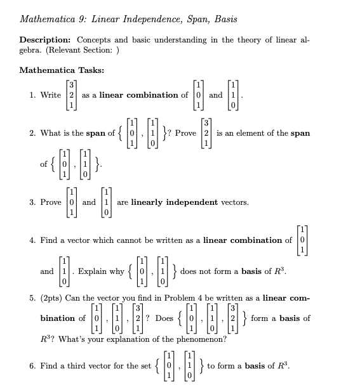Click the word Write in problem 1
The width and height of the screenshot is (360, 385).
pyautogui.click(x=50, y=95)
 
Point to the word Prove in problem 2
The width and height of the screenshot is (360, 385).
pyautogui.click(x=185, y=133)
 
